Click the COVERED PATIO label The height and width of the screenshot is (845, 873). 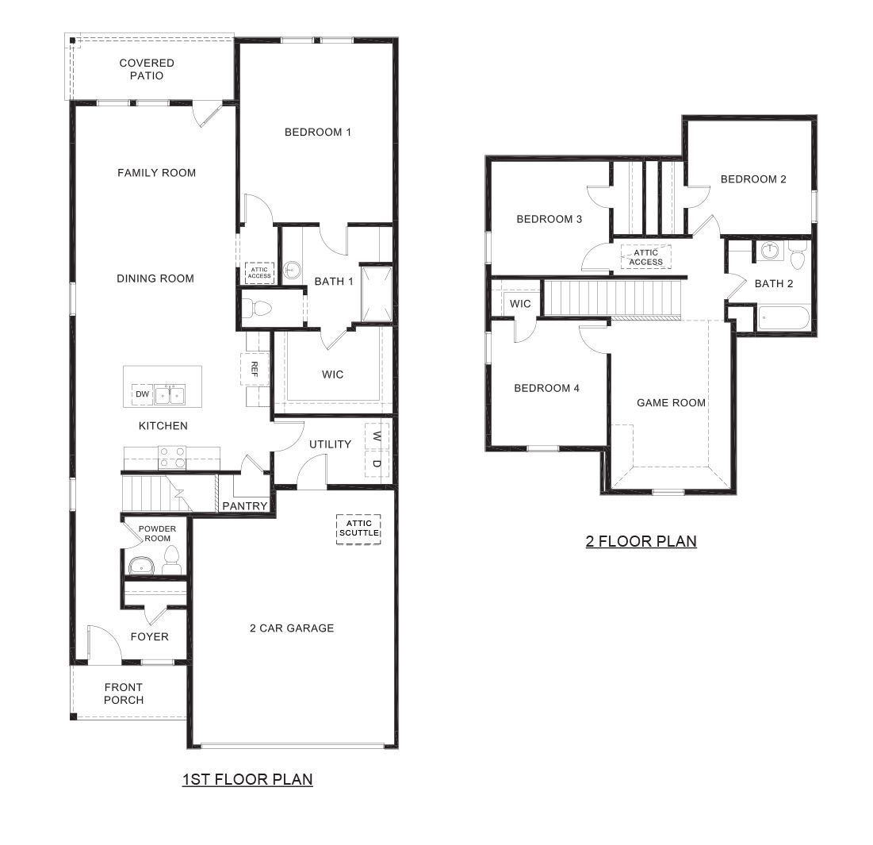click(x=147, y=69)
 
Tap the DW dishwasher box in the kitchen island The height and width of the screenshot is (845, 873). click(x=142, y=394)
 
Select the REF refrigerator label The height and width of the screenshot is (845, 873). click(x=255, y=368)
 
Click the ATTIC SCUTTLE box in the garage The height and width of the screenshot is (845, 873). click(x=359, y=528)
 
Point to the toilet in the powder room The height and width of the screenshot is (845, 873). click(x=171, y=562)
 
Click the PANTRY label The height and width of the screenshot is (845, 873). click(x=245, y=505)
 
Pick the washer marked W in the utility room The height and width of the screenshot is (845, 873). click(x=377, y=436)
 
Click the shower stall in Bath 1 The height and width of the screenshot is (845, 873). click(x=376, y=294)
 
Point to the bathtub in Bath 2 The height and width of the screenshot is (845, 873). click(x=783, y=319)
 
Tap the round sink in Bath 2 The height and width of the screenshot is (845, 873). click(x=768, y=252)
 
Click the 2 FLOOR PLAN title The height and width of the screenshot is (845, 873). click(x=641, y=541)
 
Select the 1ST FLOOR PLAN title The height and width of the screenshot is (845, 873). click(x=247, y=779)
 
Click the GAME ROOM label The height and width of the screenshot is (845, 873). click(x=671, y=403)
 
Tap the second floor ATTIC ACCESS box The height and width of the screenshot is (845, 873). click(x=646, y=257)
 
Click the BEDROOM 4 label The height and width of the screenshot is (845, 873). click(x=546, y=388)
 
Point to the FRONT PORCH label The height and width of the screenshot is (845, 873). click(x=124, y=693)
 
